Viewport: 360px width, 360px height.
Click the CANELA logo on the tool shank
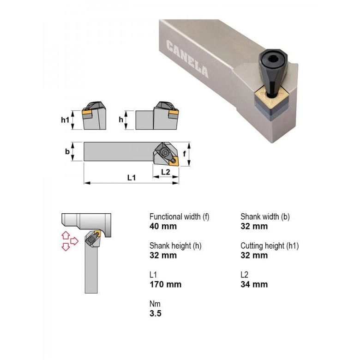186,59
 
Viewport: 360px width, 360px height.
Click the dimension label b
67,151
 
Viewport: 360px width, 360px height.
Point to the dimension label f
185,154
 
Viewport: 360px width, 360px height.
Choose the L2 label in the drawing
165,172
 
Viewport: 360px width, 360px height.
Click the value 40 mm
163,226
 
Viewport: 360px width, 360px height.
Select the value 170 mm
165,284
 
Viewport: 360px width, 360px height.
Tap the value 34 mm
254,284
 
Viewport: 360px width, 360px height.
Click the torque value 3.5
156,314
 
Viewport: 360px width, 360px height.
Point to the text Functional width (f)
179,216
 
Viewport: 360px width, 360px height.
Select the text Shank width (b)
265,216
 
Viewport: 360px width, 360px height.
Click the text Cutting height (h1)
270,246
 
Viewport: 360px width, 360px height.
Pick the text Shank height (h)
175,246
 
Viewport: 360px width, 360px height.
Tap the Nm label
155,304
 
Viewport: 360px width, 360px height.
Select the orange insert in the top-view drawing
174,160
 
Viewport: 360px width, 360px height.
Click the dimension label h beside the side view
121,120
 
